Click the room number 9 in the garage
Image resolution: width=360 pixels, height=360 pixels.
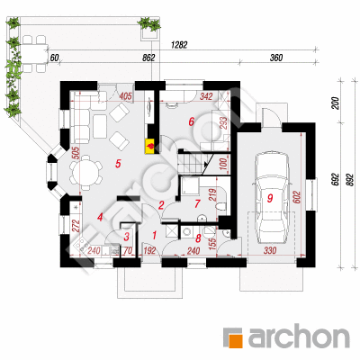[270, 198]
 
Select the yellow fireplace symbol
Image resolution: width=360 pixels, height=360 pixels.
[150, 146]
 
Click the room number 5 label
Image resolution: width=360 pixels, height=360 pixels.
[118, 164]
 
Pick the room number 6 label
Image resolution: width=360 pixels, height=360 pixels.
[192, 121]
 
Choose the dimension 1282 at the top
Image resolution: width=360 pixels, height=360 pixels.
[179, 45]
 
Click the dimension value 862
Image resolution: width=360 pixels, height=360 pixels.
[148, 58]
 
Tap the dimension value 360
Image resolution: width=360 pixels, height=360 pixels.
[276, 58]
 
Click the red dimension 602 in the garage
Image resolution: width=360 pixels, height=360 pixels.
[296, 197]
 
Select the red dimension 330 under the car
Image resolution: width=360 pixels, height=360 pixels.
[270, 250]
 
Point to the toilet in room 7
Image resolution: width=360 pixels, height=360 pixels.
[220, 206]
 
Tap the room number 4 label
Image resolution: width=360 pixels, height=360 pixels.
[100, 217]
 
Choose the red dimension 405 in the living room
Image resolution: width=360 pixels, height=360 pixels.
[126, 96]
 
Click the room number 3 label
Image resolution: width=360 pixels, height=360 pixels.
[127, 237]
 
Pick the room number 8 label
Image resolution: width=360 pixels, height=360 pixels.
[198, 238]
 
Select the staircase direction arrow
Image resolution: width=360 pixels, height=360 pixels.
[206, 165]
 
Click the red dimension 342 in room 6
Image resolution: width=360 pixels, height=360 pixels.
[206, 96]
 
